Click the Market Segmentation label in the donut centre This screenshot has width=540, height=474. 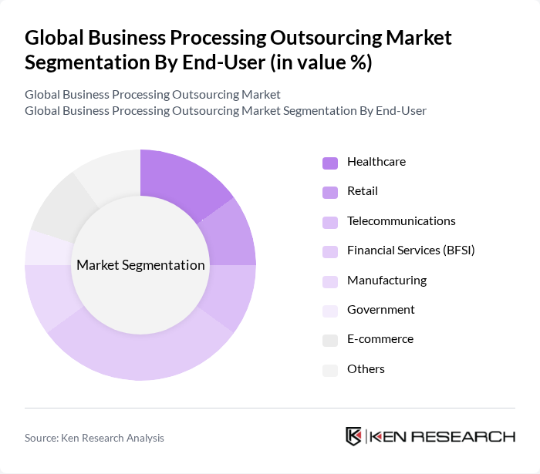point(140,265)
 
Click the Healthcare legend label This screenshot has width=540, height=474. point(376,162)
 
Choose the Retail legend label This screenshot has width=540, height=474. point(362,191)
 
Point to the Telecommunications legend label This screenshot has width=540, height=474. point(401,221)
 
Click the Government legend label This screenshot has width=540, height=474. point(380,310)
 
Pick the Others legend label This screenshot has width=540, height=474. point(366,369)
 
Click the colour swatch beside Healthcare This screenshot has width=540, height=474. point(329,163)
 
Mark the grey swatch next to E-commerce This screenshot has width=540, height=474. point(329,340)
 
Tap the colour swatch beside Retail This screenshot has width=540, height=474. point(329,192)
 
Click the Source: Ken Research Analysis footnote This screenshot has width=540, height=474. point(94,438)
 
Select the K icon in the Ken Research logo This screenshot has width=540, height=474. point(354,436)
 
